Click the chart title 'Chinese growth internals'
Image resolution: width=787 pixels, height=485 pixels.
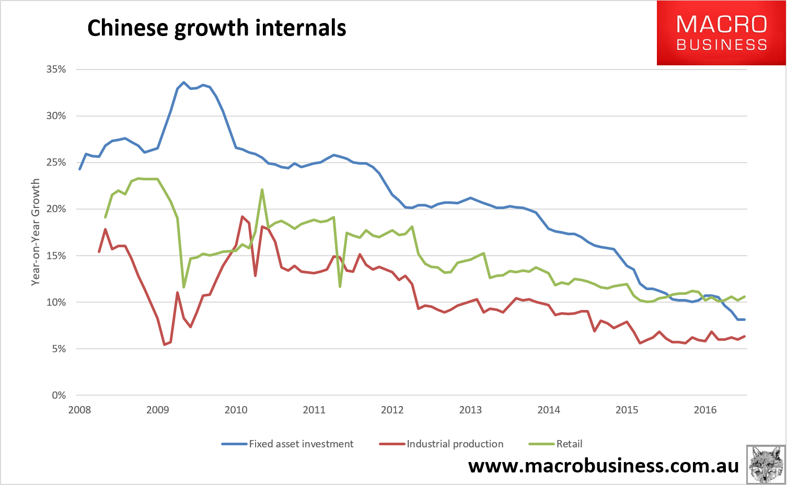pyautogui.click(x=216, y=28)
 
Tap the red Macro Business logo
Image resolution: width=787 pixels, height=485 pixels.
pyautogui.click(x=721, y=33)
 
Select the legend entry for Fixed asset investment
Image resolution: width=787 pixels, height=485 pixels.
pyautogui.click(x=287, y=444)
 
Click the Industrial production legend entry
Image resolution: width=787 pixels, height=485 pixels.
pyautogui.click(x=441, y=444)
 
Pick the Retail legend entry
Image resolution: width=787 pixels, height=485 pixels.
pyautogui.click(x=555, y=444)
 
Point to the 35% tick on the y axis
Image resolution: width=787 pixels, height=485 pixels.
pyautogui.click(x=56, y=69)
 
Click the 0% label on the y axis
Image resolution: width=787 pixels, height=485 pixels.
pyautogui.click(x=59, y=396)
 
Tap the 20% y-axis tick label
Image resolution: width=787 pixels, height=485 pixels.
pyautogui.click(x=56, y=209)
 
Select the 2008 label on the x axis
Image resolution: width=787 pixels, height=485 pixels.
pyautogui.click(x=79, y=410)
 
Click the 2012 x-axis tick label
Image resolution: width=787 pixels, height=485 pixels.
pyautogui.click(x=392, y=410)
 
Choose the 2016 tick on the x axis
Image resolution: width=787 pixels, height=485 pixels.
pyautogui.click(x=705, y=410)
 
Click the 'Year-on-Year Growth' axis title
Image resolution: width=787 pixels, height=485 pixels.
pyautogui.click(x=36, y=232)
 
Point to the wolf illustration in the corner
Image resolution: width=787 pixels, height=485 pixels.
pyautogui.click(x=766, y=465)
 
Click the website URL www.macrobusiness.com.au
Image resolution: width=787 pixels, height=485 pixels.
pyautogui.click(x=604, y=466)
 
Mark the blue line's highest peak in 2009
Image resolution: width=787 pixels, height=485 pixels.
pyautogui.click(x=183, y=82)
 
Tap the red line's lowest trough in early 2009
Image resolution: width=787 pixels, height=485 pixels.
pyautogui.click(x=165, y=345)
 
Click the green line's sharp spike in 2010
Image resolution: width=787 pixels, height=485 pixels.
pyautogui.click(x=262, y=190)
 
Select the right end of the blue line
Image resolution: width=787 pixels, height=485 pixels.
pyautogui.click(x=744, y=319)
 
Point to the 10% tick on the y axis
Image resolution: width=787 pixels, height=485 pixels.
pyautogui.click(x=56, y=302)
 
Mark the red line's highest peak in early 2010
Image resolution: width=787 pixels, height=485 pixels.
pyautogui.click(x=242, y=216)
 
